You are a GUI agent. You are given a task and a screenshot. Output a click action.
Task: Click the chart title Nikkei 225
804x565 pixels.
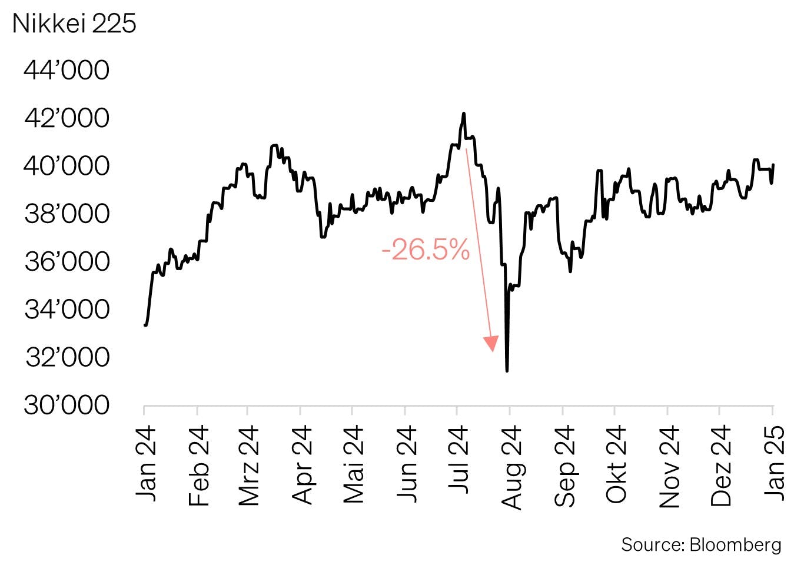tap(74, 24)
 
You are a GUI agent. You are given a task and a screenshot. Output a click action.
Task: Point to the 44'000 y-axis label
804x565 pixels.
tap(67, 71)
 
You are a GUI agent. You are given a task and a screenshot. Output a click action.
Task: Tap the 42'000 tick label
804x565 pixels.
tap(67, 118)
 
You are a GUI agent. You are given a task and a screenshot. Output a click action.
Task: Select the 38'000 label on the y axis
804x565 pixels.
tap(67, 214)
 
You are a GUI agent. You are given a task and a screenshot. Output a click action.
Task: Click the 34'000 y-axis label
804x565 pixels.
tap(67, 309)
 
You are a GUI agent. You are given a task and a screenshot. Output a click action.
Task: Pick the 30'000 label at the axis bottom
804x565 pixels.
tap(67, 405)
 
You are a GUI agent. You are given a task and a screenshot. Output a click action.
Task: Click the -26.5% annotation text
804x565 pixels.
tap(426, 250)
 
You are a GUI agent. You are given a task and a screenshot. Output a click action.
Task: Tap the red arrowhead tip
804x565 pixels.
tap(493, 351)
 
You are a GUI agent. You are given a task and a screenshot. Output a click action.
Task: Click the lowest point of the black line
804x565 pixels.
tap(507, 371)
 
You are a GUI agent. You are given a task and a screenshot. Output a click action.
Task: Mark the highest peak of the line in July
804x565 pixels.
tap(464, 113)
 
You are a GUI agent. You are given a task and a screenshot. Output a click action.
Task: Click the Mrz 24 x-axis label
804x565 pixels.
tap(249, 465)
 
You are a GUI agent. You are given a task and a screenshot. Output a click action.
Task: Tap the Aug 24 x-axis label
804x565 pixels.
tap(511, 467)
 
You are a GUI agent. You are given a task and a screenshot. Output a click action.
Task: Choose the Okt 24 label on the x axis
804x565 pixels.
tap(616, 464)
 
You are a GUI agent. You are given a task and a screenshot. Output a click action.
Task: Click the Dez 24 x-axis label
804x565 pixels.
tap(721, 465)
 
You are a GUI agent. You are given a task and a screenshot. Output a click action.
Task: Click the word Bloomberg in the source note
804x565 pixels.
tap(735, 545)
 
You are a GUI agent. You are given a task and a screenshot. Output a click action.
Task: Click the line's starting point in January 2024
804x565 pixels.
tap(145, 324)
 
